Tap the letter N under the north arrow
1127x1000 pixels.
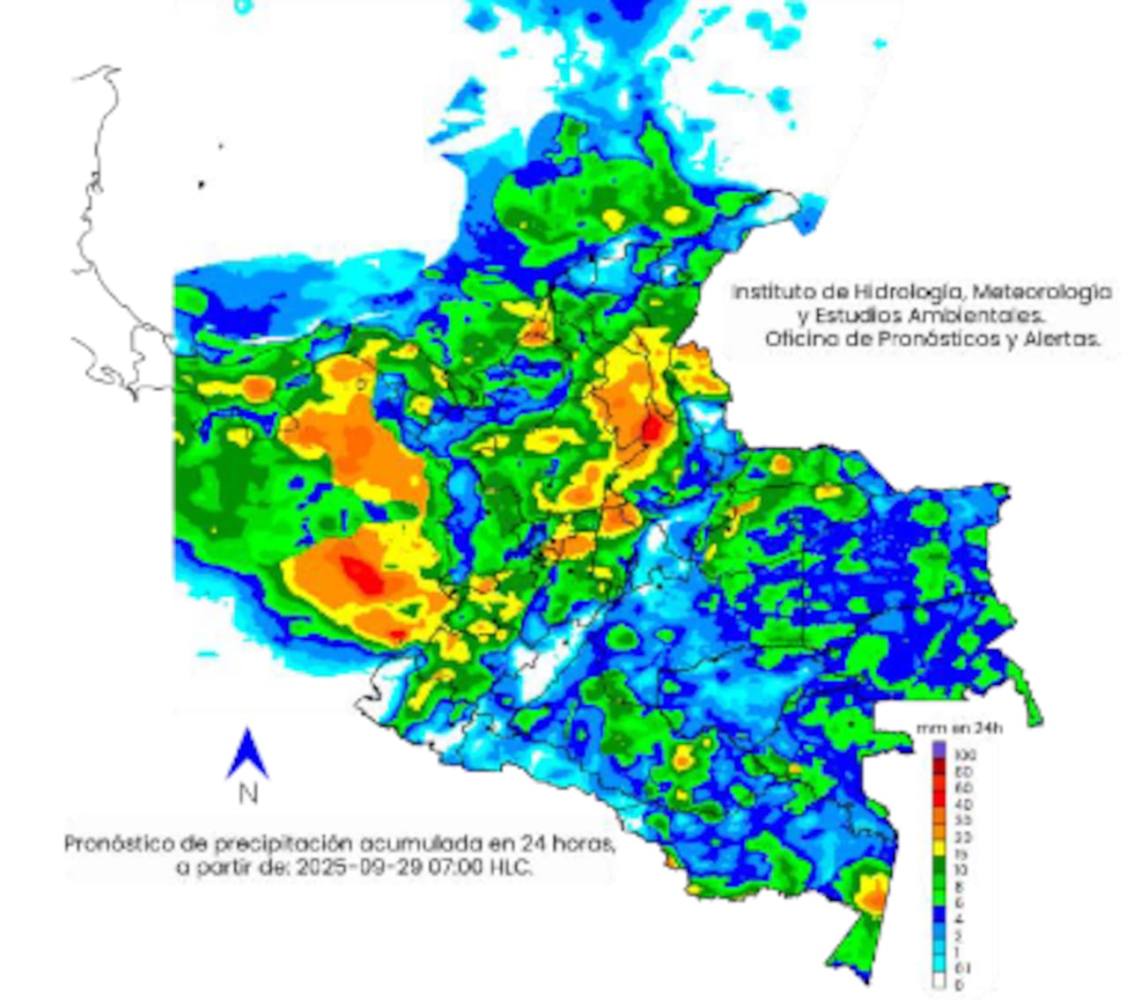(248, 794)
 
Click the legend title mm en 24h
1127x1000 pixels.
(959, 729)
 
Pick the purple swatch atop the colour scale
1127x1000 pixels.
(939, 749)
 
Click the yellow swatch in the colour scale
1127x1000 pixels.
(939, 851)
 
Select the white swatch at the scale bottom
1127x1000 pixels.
(939, 982)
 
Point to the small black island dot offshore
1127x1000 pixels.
(202, 185)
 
